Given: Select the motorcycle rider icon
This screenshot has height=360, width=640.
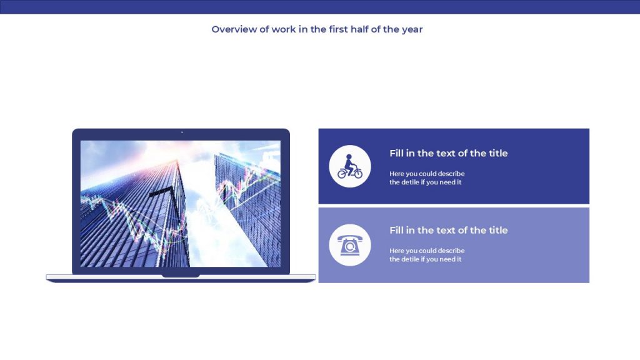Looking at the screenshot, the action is pos(350,166).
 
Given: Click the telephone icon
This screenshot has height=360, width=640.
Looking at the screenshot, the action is pos(349,245).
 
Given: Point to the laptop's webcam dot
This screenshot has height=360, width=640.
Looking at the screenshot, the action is pos(182,132).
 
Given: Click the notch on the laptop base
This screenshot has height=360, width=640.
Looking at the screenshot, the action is pos(181,276).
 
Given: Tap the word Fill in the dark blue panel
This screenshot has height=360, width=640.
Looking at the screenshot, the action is pos(396,154).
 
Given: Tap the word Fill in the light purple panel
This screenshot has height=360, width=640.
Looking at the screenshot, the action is pos(396,230).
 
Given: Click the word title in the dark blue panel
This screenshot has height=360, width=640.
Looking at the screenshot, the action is pos(498,154).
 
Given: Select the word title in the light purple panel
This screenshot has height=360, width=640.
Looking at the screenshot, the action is pos(498,230).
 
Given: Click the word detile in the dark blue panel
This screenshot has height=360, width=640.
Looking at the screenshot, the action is pos(410,182).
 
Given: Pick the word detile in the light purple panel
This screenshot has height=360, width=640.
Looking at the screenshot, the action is pos(410,259).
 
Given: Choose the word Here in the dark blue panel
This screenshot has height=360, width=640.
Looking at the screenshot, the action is pos(397,174).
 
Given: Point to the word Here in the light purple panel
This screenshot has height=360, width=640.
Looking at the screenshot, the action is pos(397,251).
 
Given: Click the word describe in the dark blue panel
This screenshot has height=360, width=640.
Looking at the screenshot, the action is pos(451,174).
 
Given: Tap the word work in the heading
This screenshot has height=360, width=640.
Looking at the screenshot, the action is pos(284,29).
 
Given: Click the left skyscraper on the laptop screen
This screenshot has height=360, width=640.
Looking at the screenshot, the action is pos(135,216).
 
